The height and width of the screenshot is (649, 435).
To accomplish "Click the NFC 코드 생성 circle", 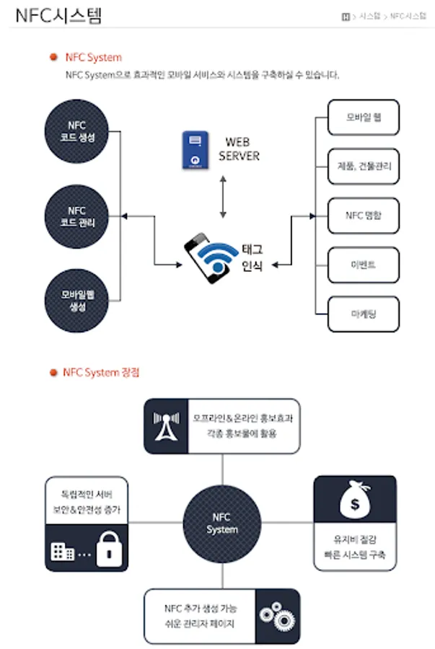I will click(x=76, y=131).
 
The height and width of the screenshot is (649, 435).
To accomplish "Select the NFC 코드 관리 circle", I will click(x=76, y=216).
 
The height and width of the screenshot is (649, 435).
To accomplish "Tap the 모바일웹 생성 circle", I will click(x=76, y=300).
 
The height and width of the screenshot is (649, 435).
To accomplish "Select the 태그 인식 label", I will click(x=252, y=257).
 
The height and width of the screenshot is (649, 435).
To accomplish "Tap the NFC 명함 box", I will click(x=363, y=215).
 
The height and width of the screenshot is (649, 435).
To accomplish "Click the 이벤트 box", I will click(x=363, y=264).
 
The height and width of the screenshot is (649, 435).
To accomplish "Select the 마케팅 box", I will click(x=363, y=313).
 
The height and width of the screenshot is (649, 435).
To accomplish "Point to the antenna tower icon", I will click(x=166, y=426).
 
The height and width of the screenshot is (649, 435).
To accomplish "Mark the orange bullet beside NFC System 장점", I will click(x=53, y=373).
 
